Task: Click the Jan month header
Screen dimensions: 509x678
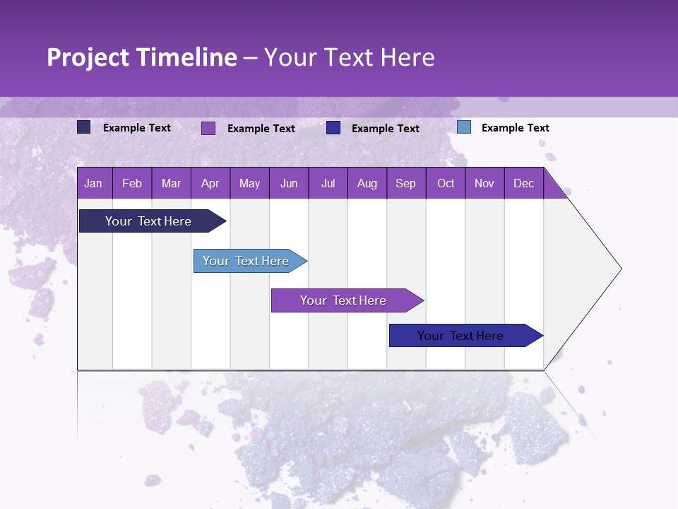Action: (x=93, y=184)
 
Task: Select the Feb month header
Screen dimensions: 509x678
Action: (x=132, y=184)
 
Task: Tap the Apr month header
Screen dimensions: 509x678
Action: (x=210, y=184)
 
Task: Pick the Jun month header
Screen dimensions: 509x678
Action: (x=288, y=184)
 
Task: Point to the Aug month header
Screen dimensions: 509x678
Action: (x=367, y=184)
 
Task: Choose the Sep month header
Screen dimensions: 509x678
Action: (x=405, y=184)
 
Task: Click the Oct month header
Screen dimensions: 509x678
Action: (x=445, y=184)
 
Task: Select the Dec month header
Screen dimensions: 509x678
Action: (x=523, y=184)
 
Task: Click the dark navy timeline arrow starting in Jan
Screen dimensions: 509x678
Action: (x=148, y=221)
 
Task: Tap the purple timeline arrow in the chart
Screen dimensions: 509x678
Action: (x=344, y=300)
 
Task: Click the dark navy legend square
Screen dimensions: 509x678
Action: (x=83, y=127)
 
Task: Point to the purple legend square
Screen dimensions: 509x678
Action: (x=208, y=128)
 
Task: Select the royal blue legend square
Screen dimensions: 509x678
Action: (x=333, y=128)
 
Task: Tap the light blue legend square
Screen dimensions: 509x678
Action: (x=463, y=127)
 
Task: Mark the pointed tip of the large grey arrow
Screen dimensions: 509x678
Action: (x=620, y=269)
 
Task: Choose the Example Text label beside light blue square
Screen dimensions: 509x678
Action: (x=515, y=128)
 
